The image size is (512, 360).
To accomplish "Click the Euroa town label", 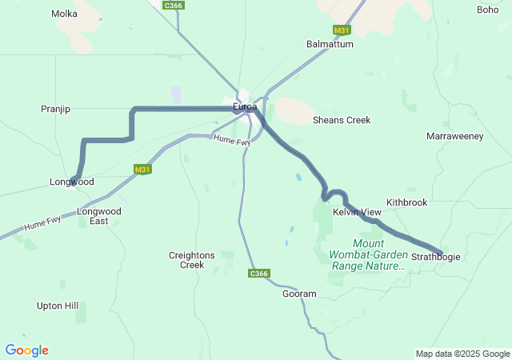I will pos(245,106).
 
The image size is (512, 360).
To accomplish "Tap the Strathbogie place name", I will pos(437,257).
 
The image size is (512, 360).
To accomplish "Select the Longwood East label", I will pos(99,216).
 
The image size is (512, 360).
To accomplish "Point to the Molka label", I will pos(64,14).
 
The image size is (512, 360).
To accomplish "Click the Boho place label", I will pos(487,10).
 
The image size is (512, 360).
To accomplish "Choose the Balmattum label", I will pos(330,44).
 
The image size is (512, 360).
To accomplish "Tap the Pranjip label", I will pos(56,108).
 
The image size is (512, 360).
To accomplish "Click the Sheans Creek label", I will pos(342,120).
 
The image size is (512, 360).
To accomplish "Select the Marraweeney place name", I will pos(455,136).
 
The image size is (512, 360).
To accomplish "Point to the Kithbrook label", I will pos(407,202).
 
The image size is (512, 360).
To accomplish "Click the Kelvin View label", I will pos(358,212).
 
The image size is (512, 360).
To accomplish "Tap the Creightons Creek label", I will pos(192,260).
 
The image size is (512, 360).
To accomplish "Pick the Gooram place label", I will pos(299,294).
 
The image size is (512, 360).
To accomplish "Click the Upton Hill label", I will pos(58,306).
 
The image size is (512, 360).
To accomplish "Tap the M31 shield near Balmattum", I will pos(342,30).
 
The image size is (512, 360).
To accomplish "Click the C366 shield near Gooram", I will pos(259,274).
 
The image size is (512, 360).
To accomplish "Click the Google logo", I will pos(26,350).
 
